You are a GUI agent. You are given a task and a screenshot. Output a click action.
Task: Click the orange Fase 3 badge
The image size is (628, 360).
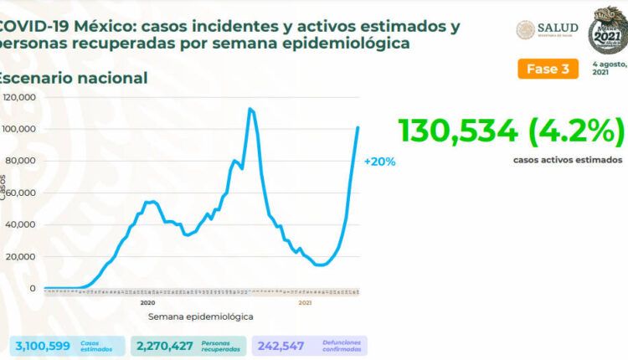pyautogui.click(x=548, y=69)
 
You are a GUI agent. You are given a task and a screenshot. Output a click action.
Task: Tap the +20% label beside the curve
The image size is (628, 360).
pyautogui.click(x=379, y=162)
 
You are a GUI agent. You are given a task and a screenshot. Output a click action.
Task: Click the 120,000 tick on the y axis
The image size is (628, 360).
pyautogui.click(x=19, y=97)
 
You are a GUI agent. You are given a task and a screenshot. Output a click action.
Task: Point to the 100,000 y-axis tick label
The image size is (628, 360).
pyautogui.click(x=19, y=129)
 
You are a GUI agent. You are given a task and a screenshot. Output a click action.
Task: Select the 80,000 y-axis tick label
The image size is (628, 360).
pyautogui.click(x=21, y=161)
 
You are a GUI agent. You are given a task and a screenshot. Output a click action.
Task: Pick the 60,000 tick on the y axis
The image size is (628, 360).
pyautogui.click(x=21, y=193)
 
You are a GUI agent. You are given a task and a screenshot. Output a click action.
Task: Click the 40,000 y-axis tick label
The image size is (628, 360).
pyautogui.click(x=21, y=224)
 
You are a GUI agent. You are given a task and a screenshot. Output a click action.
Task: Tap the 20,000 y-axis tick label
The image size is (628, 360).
pyautogui.click(x=21, y=256)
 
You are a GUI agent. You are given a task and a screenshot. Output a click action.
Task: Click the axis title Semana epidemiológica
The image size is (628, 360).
pyautogui.click(x=201, y=317)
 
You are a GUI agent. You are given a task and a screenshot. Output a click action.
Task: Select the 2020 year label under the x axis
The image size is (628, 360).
pyautogui.click(x=148, y=302)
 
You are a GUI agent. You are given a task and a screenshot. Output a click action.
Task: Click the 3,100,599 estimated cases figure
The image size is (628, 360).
pyautogui.click(x=42, y=345)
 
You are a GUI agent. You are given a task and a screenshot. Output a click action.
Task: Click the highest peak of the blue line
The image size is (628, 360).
pyautogui.click(x=250, y=109)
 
